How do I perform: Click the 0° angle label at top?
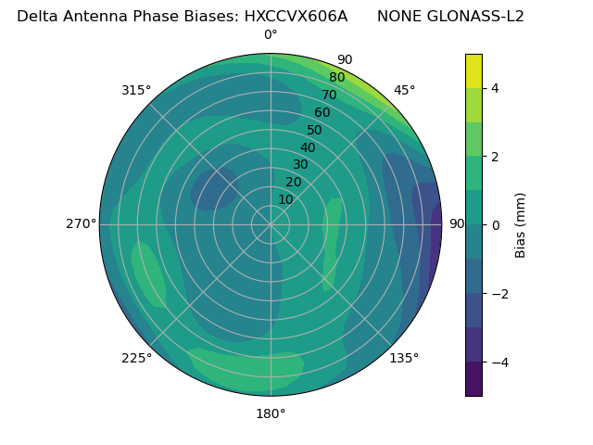pos(271,35)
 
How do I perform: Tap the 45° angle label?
pos(404,90)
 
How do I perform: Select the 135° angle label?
pos(404,358)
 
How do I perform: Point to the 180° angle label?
pos(271,413)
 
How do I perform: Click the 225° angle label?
pos(136,358)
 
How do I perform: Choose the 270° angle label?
pos(81,223)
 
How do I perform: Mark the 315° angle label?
pos(136,90)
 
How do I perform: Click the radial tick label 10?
pos(285,199)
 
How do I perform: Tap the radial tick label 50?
pos(314,130)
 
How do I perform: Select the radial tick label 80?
pos(336,77)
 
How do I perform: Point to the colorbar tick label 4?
pos(496,88)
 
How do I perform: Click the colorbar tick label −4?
pos(496,362)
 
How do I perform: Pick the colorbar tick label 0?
pos(496,225)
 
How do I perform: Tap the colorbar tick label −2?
pos(496,294)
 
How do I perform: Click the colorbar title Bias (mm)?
pos(521,225)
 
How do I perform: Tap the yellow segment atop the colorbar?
pos(473,70)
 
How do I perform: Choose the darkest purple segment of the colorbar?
pos(473,379)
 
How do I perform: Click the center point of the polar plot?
pos(271,224)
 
